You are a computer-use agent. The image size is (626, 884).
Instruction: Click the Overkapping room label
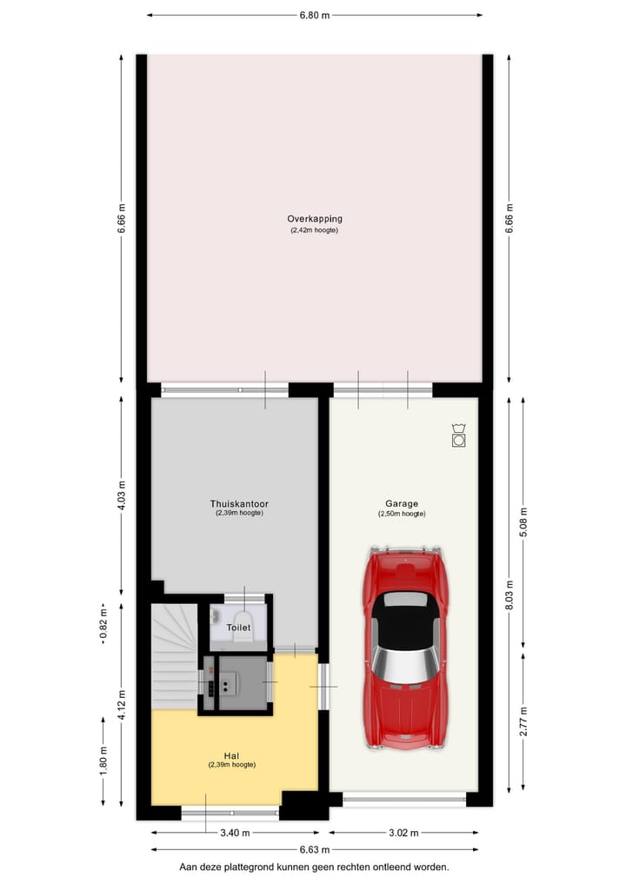click(314, 219)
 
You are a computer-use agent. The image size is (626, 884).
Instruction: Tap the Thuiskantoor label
click(239, 503)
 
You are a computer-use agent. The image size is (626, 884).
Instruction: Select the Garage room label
click(402, 503)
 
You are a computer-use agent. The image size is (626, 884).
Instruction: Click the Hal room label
click(231, 755)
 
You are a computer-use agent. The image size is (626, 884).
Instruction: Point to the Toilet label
click(238, 627)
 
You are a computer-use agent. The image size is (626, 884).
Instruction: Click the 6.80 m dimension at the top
click(314, 15)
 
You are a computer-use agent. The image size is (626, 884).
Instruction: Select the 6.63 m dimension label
click(314, 849)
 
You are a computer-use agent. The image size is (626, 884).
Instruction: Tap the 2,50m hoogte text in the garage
click(402, 514)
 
